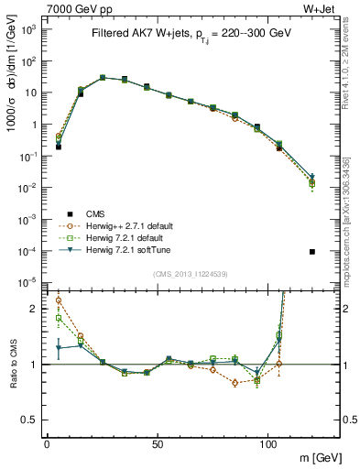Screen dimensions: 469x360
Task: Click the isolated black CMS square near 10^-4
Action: pos(313,252)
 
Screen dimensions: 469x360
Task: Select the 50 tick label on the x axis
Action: pos(158,442)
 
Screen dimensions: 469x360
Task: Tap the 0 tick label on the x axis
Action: pos(47,442)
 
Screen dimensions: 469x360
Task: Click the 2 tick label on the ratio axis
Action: pos(35,309)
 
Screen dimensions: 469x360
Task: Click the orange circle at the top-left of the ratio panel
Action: pos(59,300)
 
